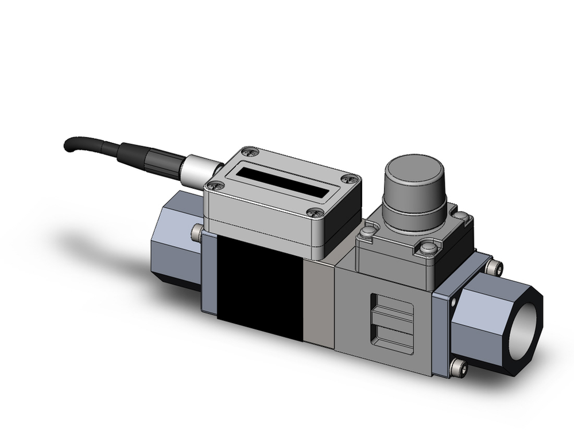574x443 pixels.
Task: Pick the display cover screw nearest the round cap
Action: point(348,180)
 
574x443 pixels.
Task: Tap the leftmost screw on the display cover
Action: point(216,185)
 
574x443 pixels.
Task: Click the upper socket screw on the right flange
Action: point(495,268)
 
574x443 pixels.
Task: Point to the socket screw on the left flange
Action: point(197,231)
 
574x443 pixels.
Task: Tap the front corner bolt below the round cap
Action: point(427,248)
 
